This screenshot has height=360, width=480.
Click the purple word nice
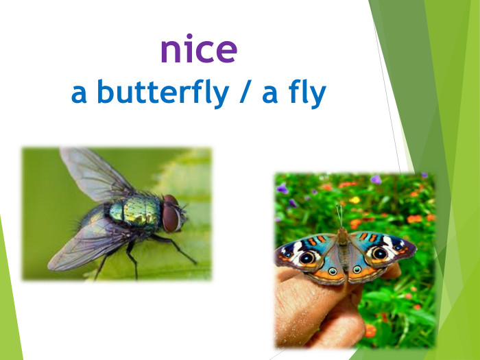click(199, 49)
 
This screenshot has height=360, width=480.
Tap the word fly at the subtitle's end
click(303, 95)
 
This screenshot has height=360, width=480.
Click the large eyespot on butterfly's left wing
click(307, 258)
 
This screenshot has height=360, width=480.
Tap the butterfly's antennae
click(339, 217)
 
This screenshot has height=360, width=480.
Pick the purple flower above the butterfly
click(376, 180)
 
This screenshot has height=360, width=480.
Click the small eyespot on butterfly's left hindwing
click(333, 271)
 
